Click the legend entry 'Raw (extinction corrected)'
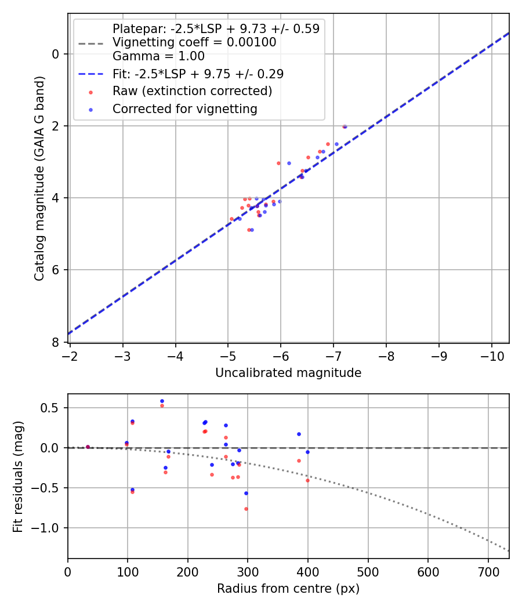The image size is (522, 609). pyautogui.click(x=192, y=91)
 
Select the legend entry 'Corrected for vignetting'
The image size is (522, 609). pyautogui.click(x=184, y=108)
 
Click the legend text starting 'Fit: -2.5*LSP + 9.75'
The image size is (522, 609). pyautogui.click(x=198, y=74)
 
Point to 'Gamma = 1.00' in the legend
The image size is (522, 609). pyautogui.click(x=158, y=56)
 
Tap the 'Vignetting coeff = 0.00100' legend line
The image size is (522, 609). pyautogui.click(x=194, y=42)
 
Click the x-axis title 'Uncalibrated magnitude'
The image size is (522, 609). pyautogui.click(x=288, y=373)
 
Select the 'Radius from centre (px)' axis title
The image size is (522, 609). pyautogui.click(x=288, y=589)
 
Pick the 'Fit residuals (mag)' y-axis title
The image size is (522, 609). pyautogui.click(x=18, y=476)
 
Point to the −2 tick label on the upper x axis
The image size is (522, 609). pyautogui.click(x=70, y=355)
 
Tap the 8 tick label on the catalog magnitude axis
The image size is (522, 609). pyautogui.click(x=56, y=342)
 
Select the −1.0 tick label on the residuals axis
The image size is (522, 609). pyautogui.click(x=49, y=528)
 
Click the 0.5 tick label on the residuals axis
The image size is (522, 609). pyautogui.click(x=52, y=408)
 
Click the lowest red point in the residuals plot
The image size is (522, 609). pyautogui.click(x=246, y=509)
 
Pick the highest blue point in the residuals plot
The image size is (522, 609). pyautogui.click(x=162, y=401)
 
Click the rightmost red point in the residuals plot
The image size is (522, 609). pyautogui.click(x=307, y=480)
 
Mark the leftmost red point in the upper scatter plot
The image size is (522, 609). pyautogui.click(x=231, y=219)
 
